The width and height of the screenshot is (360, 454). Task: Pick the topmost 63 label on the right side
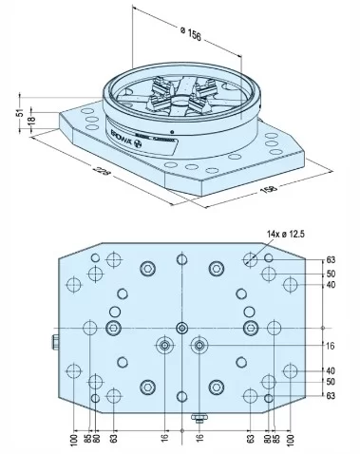[x=332, y=258]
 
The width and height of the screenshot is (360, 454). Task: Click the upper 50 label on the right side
[x=332, y=274]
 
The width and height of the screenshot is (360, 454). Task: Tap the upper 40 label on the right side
[x=332, y=285]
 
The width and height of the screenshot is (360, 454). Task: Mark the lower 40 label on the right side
[x=332, y=370]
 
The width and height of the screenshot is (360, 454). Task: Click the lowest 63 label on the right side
[x=332, y=398]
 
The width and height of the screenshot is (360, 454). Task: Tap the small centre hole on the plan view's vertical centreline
[x=181, y=329]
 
